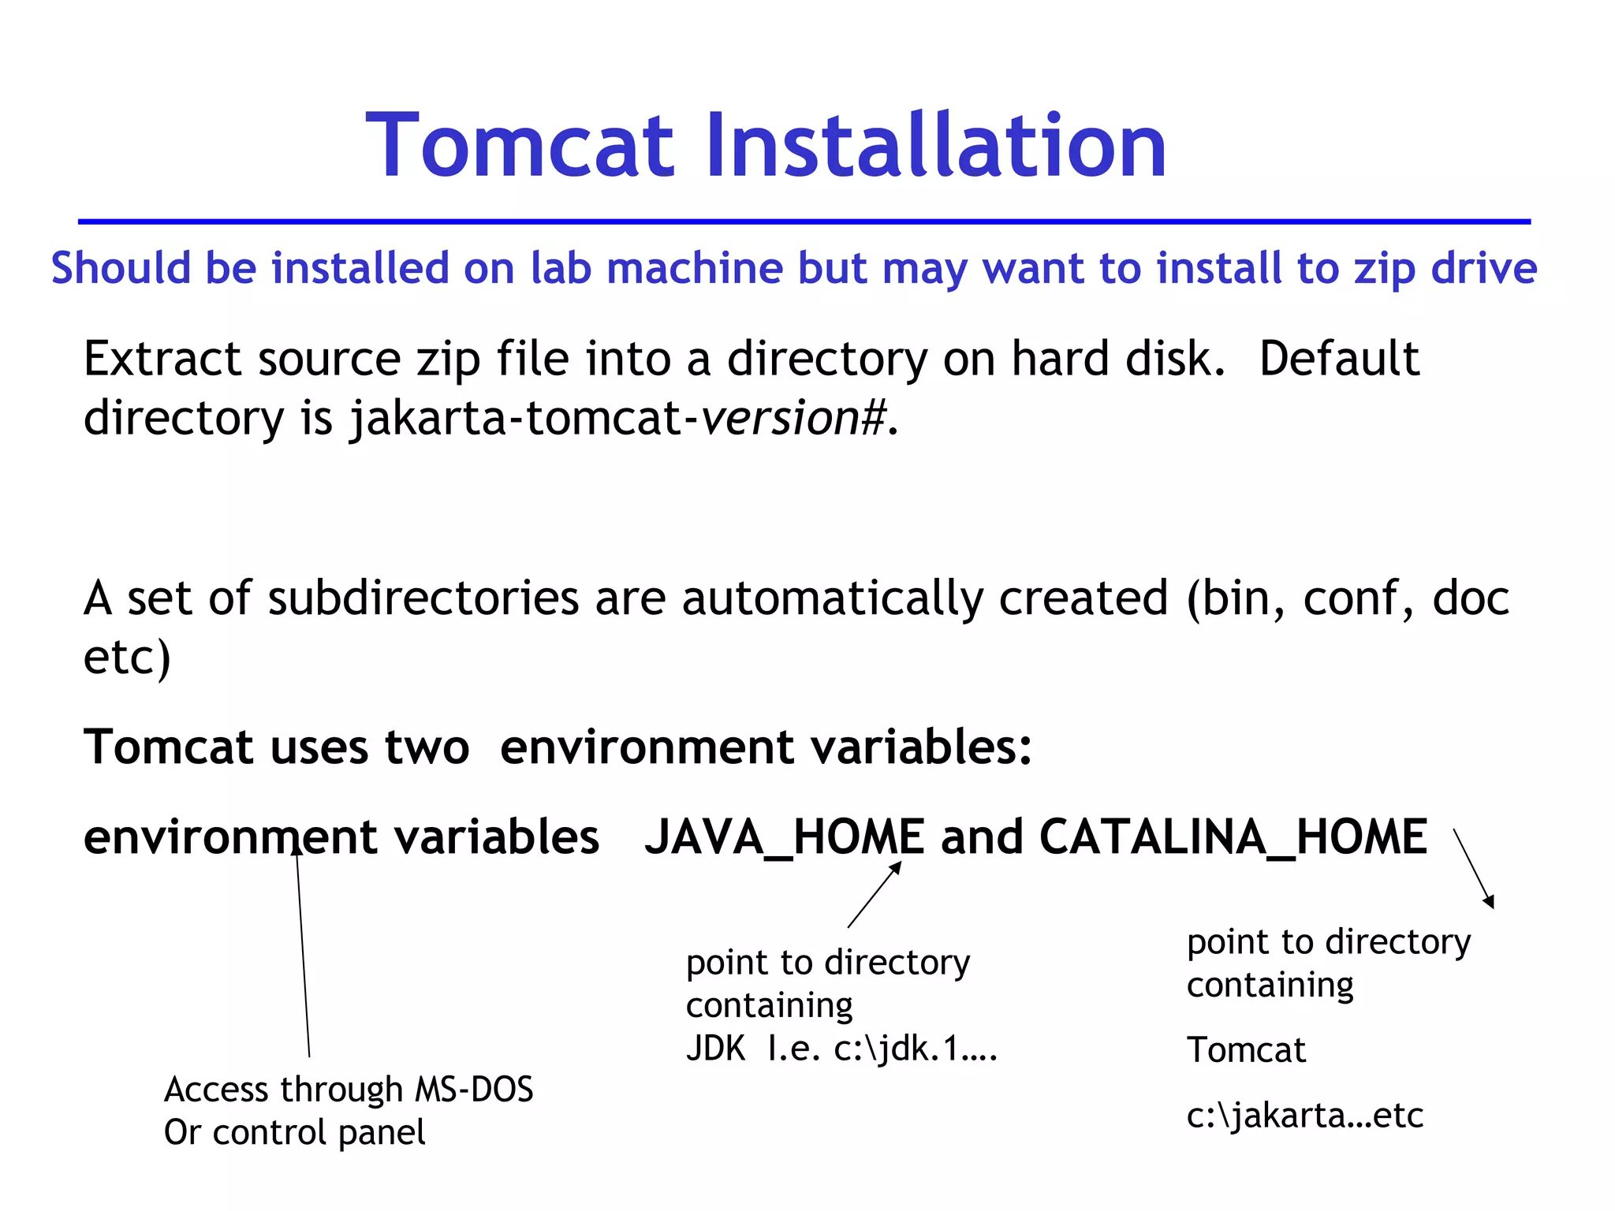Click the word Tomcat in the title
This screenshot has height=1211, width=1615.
tap(520, 146)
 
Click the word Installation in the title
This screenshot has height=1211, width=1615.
tap(935, 146)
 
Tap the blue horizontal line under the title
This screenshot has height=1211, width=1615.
tap(804, 222)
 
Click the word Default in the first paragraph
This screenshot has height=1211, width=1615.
tap(1339, 359)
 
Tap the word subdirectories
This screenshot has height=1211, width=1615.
tap(423, 598)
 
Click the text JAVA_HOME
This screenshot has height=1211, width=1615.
tap(784, 837)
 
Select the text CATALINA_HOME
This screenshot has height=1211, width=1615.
tap(1233, 837)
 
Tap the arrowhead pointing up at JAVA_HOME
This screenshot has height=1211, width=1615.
tap(895, 867)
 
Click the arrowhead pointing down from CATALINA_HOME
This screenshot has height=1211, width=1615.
tap(1489, 902)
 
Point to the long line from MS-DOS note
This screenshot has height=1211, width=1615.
tap(303, 954)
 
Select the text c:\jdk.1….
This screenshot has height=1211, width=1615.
tap(916, 1049)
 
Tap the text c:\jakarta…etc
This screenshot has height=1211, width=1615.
tap(1304, 1115)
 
